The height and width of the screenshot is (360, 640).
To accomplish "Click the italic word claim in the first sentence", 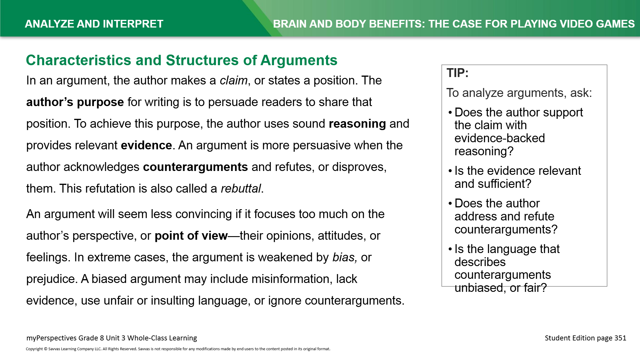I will pos(233,81).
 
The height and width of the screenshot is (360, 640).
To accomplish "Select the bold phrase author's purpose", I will pos(75,102).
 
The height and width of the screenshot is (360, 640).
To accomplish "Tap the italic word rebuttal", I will pos(241,189).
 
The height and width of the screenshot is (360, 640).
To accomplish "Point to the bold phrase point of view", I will pos(191,236).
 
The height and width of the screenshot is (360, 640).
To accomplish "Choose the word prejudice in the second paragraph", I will pos(52,279).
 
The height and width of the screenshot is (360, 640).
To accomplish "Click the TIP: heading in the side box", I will pos(457,73).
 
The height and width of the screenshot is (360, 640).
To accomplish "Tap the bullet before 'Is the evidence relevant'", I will pos(450,171).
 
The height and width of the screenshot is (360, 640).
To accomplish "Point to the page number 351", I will pos(620,338).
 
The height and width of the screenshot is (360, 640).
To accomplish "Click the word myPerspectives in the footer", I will pos(51,338).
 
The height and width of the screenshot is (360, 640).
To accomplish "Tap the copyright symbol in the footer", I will pos(46,349).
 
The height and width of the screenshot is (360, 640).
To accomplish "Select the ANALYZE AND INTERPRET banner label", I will pos(94,24).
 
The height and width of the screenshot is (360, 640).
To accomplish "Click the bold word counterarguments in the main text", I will pos(195,167).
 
